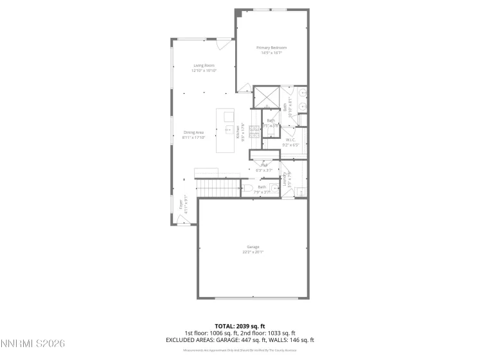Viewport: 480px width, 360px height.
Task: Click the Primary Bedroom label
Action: tap(271, 48)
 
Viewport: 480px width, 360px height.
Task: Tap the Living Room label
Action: tap(204, 66)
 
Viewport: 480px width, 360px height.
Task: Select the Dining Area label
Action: tap(193, 132)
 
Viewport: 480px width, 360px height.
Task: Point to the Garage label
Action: tap(253, 247)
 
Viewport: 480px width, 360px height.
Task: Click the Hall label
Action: tap(263, 165)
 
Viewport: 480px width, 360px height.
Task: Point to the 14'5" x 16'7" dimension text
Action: tap(271, 53)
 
